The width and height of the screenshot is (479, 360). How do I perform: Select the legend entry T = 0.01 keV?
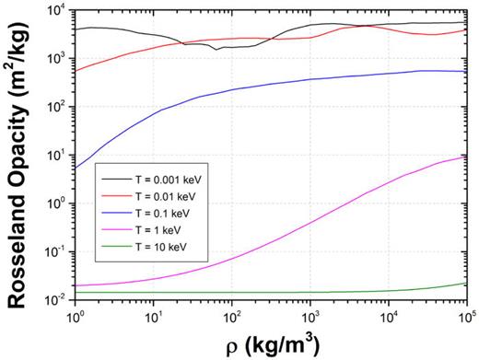coord(152,197)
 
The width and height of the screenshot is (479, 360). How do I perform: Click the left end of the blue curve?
coord(76,167)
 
